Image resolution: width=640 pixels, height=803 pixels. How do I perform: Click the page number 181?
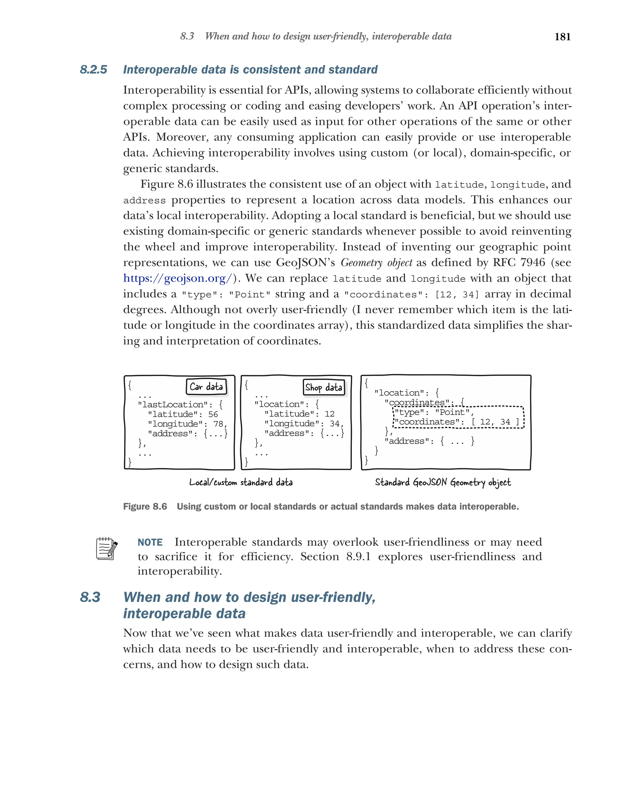tap(562, 37)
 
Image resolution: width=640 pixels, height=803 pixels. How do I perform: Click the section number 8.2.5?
tap(93, 70)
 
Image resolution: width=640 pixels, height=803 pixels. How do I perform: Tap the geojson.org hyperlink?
tap(177, 278)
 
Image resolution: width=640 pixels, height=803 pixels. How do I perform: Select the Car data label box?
tap(206, 386)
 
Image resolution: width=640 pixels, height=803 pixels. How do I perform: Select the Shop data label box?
tap(323, 387)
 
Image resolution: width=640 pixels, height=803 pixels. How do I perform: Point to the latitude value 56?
tap(213, 414)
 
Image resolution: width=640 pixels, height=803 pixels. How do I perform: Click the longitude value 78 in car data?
tap(218, 424)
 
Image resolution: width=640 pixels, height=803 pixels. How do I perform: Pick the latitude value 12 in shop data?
tap(329, 414)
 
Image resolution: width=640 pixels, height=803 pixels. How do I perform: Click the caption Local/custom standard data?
tap(241, 482)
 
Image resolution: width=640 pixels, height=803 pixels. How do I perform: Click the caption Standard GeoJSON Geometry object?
tap(443, 482)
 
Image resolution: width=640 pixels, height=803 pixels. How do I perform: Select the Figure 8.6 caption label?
tap(145, 507)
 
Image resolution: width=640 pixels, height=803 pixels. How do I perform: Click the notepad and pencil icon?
tap(107, 549)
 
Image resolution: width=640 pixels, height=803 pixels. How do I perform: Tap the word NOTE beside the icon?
tap(150, 542)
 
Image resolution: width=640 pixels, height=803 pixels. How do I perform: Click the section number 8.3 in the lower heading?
tap(90, 597)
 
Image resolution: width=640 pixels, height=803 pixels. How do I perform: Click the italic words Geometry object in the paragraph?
tap(376, 263)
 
